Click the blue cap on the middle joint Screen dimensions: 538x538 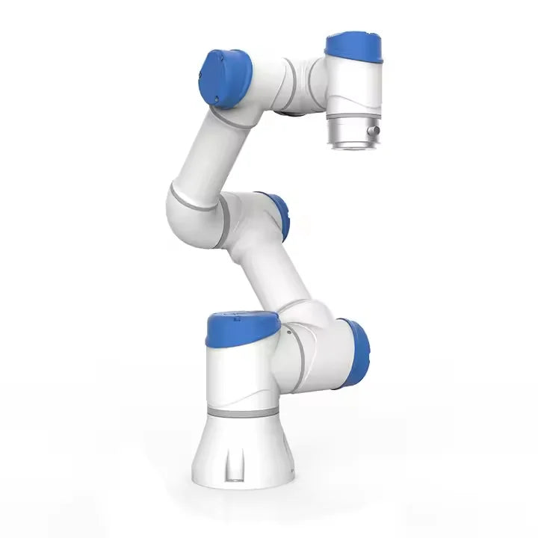(279, 217)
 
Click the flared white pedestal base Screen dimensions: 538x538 (247, 456)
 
